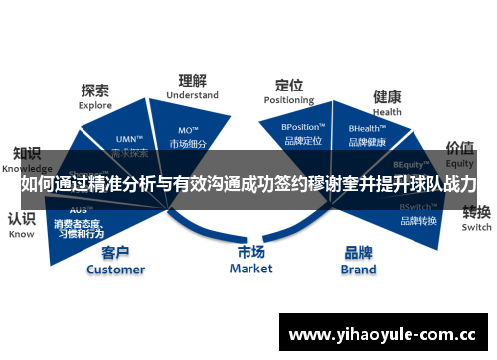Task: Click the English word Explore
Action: click(95, 104)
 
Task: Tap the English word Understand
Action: click(193, 95)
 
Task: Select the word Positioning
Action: click(289, 100)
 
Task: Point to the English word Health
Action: click(387, 112)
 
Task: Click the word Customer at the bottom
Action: click(115, 269)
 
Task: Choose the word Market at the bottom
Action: click(250, 268)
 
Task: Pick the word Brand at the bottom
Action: click(359, 269)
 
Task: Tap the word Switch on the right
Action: click(477, 227)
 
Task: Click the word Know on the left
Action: click(21, 235)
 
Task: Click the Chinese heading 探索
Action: click(95, 90)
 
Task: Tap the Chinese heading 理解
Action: click(193, 80)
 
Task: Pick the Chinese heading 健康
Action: click(387, 97)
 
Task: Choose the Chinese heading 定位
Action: click(289, 85)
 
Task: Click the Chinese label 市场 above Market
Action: click(250, 252)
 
